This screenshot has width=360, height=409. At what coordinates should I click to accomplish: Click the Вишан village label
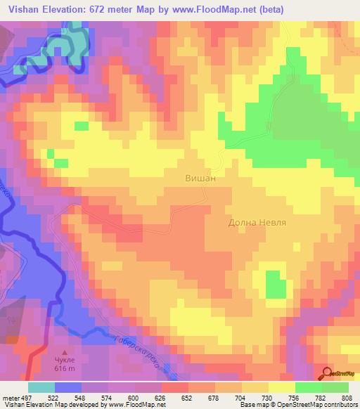tap(200, 178)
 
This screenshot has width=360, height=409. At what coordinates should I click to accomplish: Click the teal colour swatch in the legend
tap(41, 388)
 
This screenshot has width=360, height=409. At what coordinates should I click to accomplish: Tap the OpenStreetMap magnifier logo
tap(328, 372)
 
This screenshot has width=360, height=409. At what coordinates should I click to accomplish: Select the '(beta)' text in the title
tap(278, 9)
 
